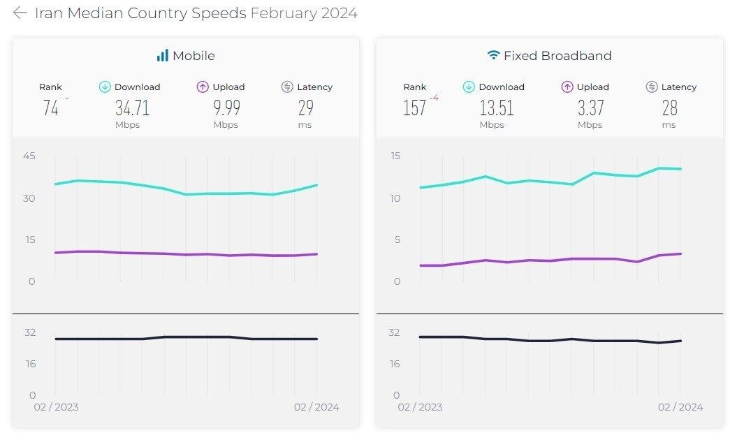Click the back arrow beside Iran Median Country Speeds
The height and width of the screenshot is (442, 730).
[20, 13]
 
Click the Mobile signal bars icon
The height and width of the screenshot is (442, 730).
[162, 56]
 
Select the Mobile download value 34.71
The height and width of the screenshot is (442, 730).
[132, 108]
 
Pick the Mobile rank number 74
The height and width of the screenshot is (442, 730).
[50, 108]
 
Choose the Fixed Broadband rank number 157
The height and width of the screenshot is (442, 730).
[414, 108]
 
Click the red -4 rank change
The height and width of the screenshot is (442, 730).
[434, 98]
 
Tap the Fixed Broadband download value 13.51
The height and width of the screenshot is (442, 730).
[496, 108]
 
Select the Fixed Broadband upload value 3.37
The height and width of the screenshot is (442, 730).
[590, 108]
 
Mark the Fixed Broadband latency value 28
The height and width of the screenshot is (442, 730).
[669, 108]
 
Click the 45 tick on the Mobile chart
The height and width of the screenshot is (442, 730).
[29, 156]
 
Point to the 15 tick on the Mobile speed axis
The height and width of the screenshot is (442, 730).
[29, 240]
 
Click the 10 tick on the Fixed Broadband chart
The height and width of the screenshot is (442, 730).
[395, 198]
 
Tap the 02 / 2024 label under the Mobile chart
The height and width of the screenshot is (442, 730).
[316, 407]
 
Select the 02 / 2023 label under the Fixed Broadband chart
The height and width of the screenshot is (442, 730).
[420, 407]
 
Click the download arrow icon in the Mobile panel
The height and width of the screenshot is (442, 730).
[105, 87]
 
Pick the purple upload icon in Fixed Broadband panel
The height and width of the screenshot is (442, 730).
[567, 87]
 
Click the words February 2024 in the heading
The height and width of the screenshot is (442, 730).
[304, 13]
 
